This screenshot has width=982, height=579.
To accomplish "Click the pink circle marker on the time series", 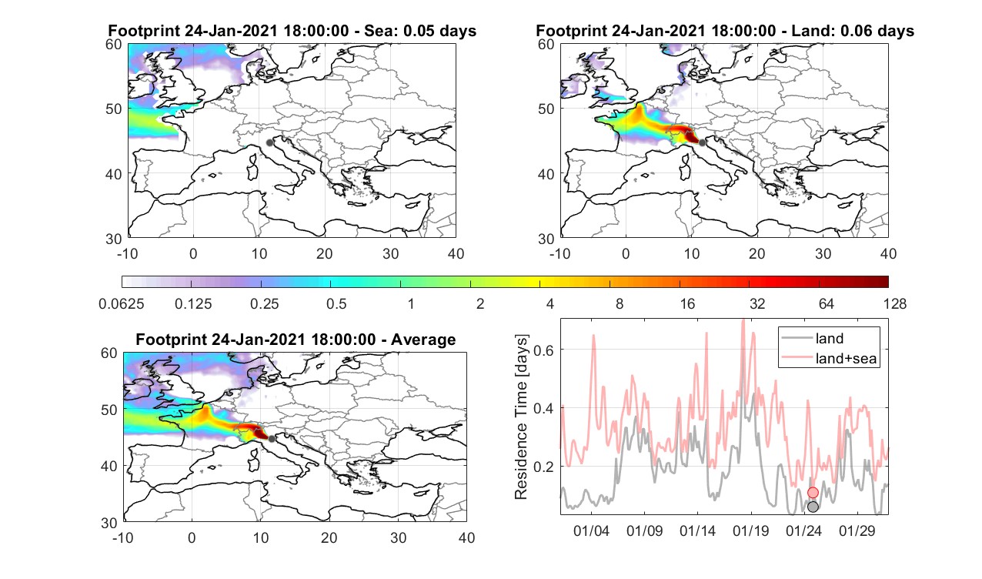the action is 813,493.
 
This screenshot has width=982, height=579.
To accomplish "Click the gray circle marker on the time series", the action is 813,507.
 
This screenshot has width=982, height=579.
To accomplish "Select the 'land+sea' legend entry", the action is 846,359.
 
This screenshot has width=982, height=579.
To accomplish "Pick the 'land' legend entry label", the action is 829,338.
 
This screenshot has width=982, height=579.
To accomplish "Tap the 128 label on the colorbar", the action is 895,303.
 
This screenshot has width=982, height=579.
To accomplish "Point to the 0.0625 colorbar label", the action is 122,303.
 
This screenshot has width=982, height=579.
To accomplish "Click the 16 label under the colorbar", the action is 687,303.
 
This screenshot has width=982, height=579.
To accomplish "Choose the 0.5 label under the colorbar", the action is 336,303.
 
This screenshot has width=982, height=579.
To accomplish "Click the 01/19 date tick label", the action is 750,530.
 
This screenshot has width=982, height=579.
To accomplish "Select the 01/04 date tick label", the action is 591,530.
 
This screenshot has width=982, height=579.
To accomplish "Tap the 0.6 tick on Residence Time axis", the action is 543,350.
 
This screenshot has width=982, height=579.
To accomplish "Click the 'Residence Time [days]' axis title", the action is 521,417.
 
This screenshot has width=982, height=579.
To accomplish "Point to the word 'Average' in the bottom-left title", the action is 423,340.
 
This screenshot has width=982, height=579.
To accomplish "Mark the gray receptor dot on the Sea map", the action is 269,142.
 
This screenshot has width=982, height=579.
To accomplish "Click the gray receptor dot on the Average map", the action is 272,439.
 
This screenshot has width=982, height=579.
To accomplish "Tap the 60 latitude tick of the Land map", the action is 546,45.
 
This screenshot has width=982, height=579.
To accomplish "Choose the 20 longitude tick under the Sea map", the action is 325,253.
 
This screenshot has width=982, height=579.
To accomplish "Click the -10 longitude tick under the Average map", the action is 123,537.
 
